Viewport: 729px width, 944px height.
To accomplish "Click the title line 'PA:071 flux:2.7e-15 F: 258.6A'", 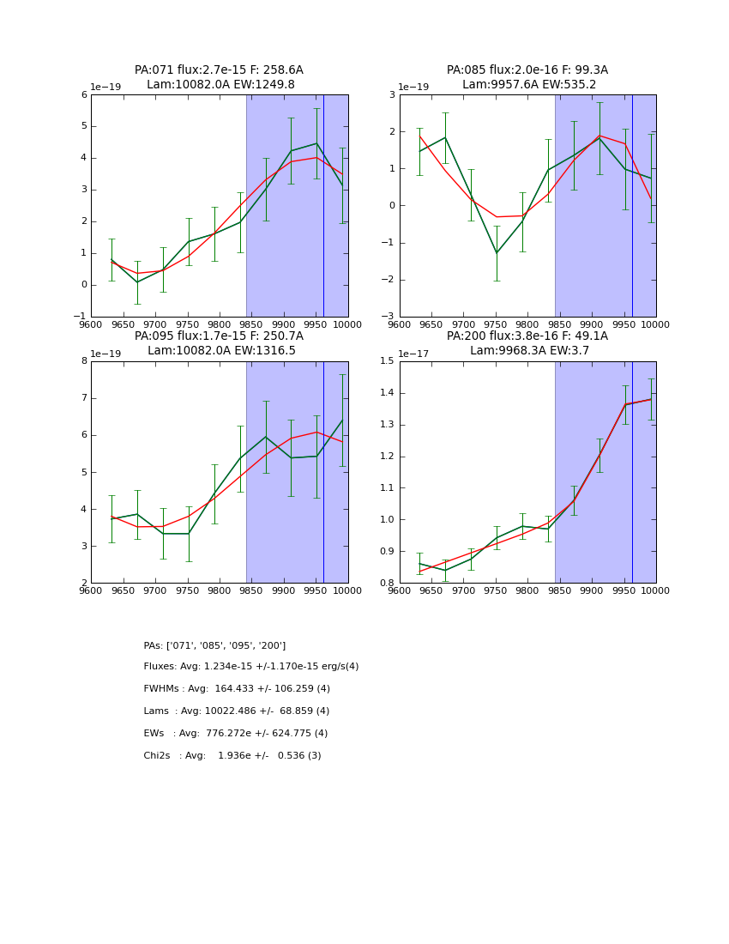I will (x=219, y=70).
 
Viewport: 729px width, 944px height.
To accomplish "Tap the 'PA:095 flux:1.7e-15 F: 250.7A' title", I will (x=219, y=336).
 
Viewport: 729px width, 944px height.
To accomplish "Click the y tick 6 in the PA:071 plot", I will (x=84, y=95).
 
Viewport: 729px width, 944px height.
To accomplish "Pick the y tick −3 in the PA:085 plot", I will (x=389, y=317).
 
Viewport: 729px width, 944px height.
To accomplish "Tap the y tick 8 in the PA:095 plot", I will (x=84, y=361).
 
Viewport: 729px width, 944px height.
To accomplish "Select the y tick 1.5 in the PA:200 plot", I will (x=388, y=361).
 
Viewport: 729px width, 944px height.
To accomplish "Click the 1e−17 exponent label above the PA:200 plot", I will (x=413, y=354).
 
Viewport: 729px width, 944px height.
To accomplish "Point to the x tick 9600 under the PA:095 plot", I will (x=91, y=590).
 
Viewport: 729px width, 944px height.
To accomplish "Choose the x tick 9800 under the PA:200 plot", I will (x=527, y=590).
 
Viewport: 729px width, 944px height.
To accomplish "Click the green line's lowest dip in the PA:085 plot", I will (x=496, y=253).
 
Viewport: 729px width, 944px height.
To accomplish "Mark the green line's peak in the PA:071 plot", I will (x=316, y=143).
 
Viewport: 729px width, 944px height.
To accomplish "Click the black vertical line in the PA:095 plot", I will (x=323, y=472).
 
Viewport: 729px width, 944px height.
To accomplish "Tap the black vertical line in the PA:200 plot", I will (x=632, y=472).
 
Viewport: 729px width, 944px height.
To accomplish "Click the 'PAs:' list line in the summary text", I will (x=214, y=645).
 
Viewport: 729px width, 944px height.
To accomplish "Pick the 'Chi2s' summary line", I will (x=232, y=756).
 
